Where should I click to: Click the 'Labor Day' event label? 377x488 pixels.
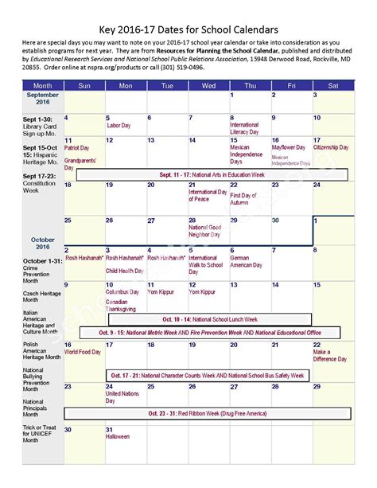[119, 126]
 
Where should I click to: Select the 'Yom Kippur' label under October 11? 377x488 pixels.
[160, 292]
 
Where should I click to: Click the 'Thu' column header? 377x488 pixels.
[250, 85]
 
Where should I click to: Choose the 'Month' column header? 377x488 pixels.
[42, 85]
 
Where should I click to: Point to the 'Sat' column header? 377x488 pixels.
[332, 85]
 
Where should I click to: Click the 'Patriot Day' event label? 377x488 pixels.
[77, 147]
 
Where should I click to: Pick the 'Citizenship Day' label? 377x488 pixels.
[331, 147]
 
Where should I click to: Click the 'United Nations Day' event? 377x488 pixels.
[122, 396]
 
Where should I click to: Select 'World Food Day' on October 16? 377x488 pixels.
[82, 351]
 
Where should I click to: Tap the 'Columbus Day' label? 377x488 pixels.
[122, 292]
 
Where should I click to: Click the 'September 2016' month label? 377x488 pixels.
[42, 100]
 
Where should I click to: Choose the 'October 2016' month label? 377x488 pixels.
[42, 242]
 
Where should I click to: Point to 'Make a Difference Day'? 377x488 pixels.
[330, 355]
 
